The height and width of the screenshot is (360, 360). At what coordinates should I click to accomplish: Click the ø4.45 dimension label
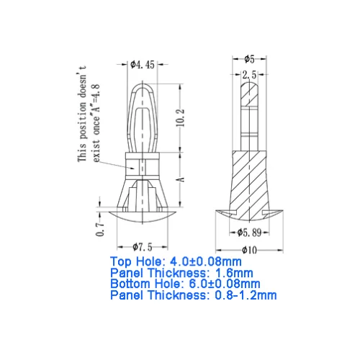point(143,65)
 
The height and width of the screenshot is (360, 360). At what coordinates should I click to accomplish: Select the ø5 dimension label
point(249,59)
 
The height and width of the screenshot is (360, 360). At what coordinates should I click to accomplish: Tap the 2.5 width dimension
point(249,75)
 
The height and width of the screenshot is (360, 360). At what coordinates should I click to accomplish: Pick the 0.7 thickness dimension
point(100,229)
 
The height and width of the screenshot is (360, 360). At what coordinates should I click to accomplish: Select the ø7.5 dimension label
point(143,247)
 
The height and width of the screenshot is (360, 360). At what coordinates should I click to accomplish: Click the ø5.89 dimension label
point(249,233)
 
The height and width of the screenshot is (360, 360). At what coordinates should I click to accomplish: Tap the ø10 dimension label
point(249,251)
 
